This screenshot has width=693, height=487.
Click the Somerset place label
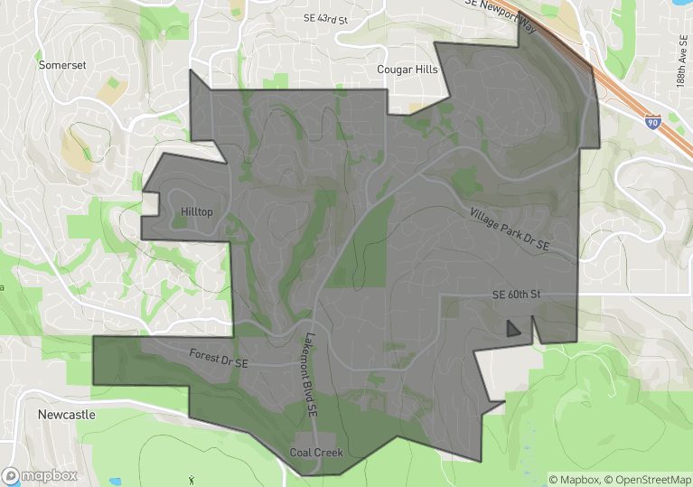[61, 65]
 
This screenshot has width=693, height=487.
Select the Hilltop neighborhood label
[196, 211]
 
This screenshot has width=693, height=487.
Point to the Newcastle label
[66, 414]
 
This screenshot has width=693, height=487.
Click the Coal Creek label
[315, 452]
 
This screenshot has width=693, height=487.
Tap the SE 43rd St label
[325, 18]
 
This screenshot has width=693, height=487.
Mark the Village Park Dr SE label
[510, 229]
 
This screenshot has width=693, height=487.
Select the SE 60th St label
[516, 295]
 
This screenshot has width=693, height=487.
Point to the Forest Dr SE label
[219, 357]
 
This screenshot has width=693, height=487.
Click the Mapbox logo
[40, 474]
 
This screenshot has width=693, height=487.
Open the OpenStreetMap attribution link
[647, 479]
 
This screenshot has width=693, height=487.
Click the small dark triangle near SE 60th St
[512, 329]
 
